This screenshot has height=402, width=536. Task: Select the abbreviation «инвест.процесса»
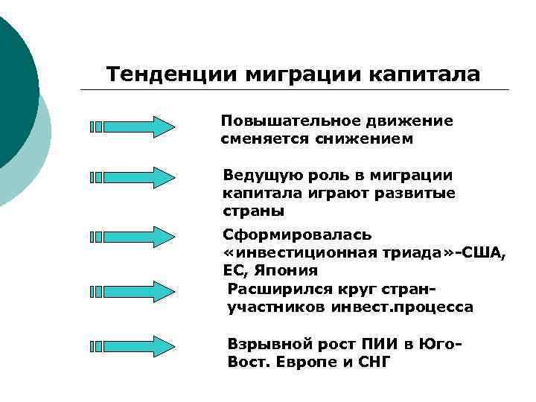click(x=406, y=307)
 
